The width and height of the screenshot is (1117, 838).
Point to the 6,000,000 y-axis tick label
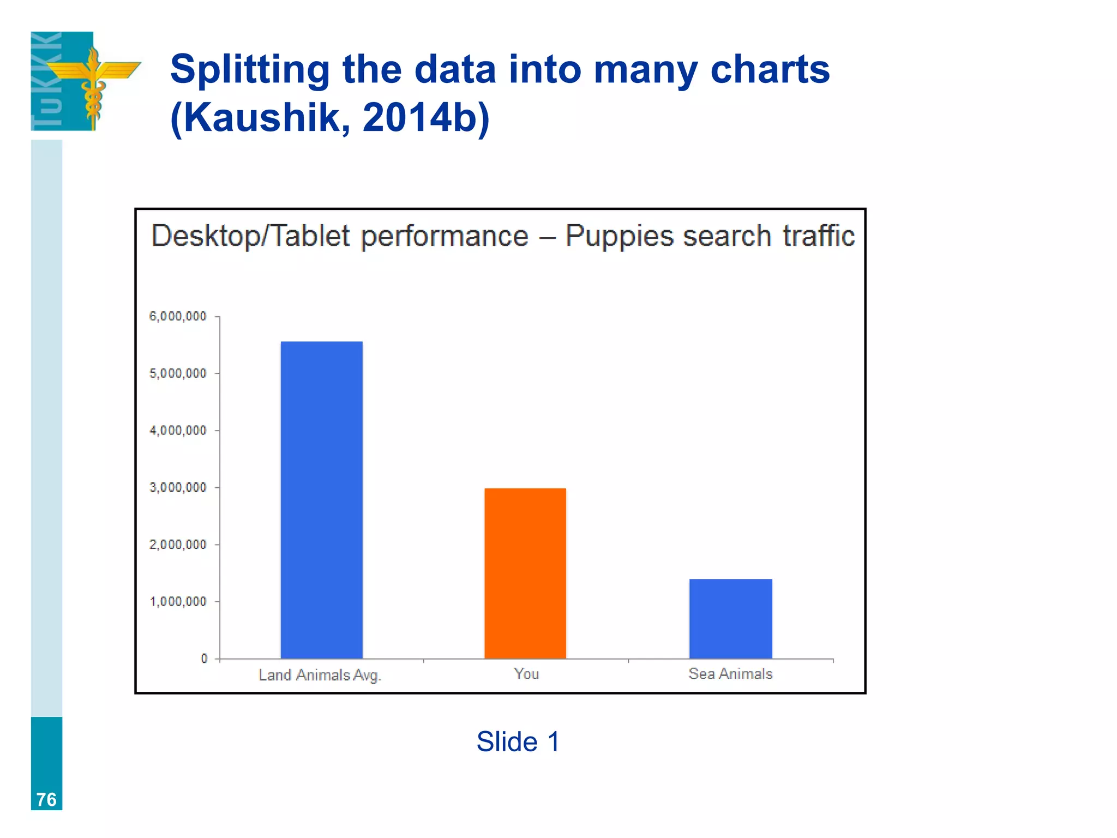click(x=178, y=316)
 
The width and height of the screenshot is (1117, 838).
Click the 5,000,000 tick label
click(x=178, y=374)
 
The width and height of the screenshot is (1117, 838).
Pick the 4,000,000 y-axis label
click(x=178, y=430)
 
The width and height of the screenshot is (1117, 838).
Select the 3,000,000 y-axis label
click(x=178, y=488)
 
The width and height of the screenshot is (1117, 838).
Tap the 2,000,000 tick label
click(x=178, y=544)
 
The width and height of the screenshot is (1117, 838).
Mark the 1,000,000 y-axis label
click(x=178, y=602)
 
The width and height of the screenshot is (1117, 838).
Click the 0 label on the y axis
click(x=204, y=659)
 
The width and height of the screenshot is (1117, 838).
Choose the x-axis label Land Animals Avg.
click(x=320, y=675)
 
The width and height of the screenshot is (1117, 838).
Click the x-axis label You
click(x=526, y=674)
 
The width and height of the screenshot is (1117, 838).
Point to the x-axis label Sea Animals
click(x=730, y=674)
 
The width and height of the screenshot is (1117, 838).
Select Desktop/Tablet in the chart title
click(x=250, y=236)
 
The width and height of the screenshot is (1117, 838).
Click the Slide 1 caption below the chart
click(x=518, y=741)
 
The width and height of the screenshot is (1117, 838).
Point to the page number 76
click(x=46, y=799)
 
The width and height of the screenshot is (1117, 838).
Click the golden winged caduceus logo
click(x=94, y=82)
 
